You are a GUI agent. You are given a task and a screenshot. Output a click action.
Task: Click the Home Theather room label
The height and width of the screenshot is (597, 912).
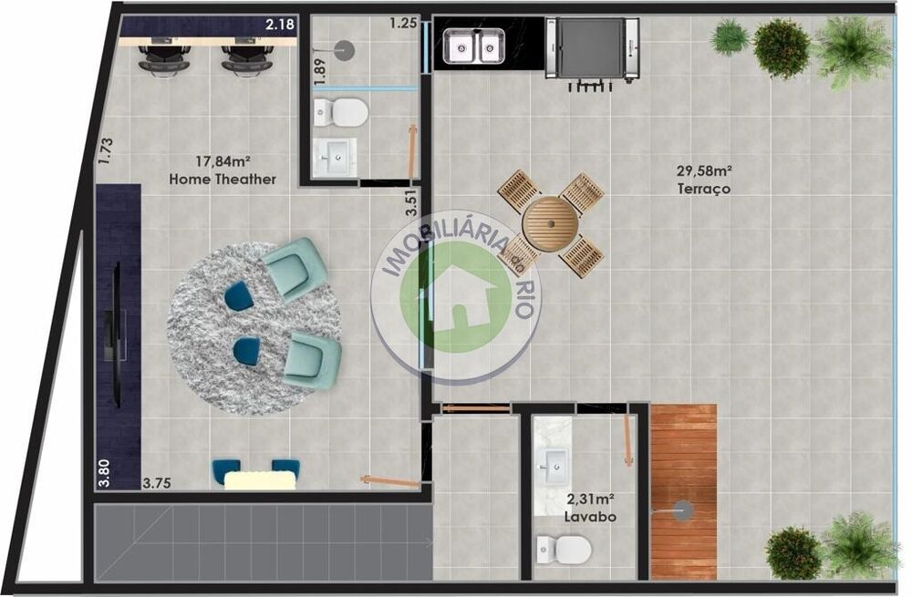(x=223, y=179)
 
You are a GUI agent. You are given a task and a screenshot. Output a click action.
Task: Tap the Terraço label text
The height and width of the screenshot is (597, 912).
(x=704, y=189)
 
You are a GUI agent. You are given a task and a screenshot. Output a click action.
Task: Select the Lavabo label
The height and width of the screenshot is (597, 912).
(x=590, y=517)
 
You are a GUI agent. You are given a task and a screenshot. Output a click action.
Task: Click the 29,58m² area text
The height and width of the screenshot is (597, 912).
(x=704, y=171)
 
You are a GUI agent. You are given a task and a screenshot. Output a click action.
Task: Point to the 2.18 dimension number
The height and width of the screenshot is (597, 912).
(x=280, y=25)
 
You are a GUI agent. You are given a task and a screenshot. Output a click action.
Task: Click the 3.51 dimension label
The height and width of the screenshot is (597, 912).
(x=412, y=203)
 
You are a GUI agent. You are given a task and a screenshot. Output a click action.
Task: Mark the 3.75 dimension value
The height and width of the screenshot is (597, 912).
(x=157, y=483)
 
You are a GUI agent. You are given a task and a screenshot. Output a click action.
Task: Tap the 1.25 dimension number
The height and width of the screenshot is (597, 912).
(x=404, y=24)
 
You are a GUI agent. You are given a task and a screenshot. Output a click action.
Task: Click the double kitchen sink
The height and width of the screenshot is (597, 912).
(x=472, y=46)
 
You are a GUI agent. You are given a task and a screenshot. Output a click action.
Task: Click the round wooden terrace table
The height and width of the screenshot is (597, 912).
(x=550, y=223)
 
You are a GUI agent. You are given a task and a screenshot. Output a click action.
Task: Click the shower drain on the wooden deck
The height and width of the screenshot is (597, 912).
(x=683, y=511)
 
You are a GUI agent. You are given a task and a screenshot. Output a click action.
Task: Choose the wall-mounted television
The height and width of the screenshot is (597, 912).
(x=117, y=335)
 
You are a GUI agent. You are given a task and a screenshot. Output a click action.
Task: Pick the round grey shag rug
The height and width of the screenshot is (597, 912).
(x=254, y=328)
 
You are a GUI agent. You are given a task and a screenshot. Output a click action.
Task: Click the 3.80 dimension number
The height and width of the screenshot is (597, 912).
(x=104, y=474)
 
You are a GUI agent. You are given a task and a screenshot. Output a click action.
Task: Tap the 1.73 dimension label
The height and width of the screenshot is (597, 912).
(x=105, y=150)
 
